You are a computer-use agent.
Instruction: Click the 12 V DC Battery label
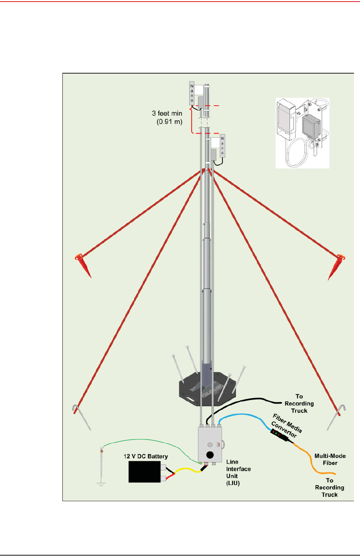tap(146, 456)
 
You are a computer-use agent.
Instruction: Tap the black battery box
tap(144, 472)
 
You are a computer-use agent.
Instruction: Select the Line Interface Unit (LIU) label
tap(238, 472)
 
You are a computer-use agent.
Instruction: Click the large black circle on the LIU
tap(209, 455)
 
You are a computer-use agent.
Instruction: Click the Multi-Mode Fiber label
tap(330, 459)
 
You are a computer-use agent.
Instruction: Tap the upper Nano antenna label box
tap(192, 94)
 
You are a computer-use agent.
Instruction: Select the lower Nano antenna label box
tap(222, 146)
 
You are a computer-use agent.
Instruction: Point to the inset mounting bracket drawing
tap(303, 133)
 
